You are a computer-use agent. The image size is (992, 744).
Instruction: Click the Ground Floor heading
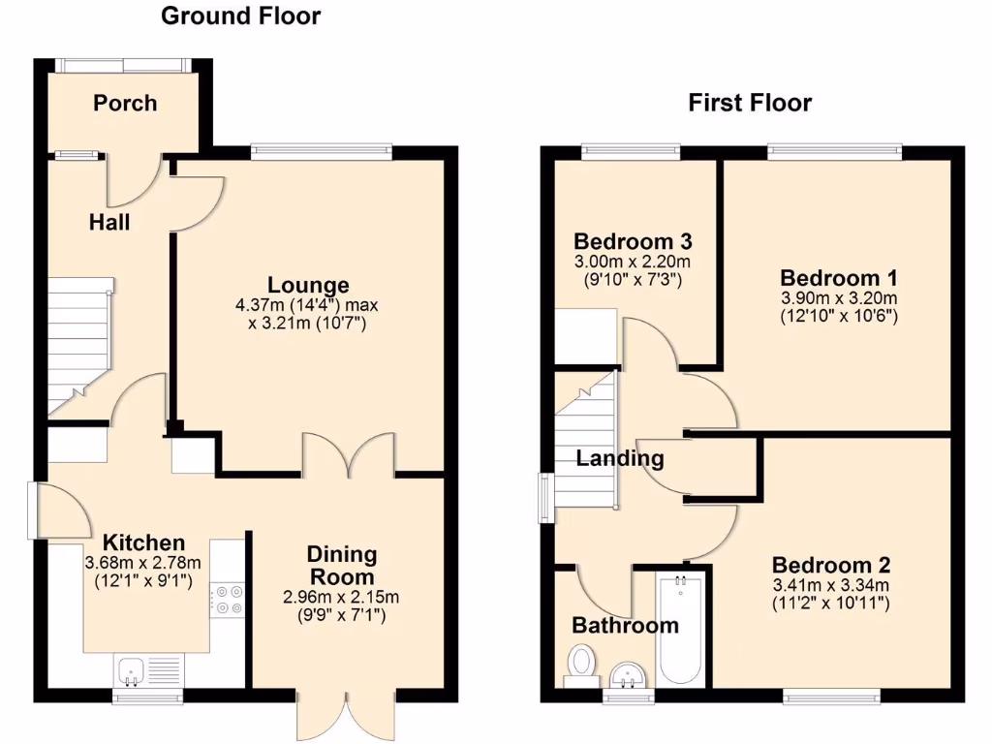[240, 15]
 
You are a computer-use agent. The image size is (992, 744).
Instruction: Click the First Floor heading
[750, 103]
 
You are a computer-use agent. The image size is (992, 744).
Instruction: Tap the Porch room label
[125, 103]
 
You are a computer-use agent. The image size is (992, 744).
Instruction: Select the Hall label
[109, 222]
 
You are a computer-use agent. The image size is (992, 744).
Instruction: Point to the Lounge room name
[308, 285]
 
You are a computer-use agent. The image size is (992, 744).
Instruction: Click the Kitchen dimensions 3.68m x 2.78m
[143, 563]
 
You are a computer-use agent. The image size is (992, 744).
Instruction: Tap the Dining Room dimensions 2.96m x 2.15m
[341, 597]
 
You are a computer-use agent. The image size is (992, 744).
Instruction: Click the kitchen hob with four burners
[230, 599]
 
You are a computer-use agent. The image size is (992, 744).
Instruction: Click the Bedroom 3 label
[633, 241]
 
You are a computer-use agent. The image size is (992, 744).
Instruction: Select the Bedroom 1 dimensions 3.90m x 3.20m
[839, 297]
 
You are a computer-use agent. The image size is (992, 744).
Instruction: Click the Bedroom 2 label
[831, 565]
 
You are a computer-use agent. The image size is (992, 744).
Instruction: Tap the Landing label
[620, 458]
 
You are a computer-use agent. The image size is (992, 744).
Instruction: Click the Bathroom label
[625, 625]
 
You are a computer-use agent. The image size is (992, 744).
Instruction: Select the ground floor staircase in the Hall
[77, 344]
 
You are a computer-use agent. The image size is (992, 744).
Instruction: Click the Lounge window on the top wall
[321, 150]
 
